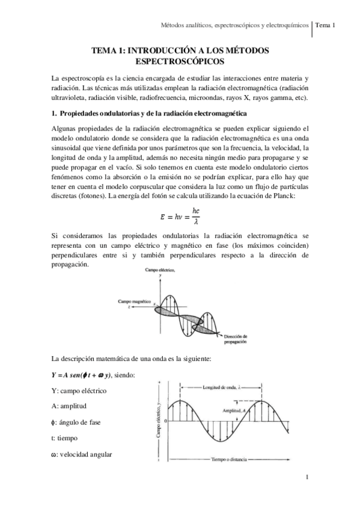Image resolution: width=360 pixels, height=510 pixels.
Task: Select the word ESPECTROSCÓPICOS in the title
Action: click(x=180, y=61)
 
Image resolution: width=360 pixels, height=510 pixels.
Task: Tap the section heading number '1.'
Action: click(x=54, y=114)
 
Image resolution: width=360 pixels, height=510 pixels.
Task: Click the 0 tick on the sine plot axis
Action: click(x=165, y=421)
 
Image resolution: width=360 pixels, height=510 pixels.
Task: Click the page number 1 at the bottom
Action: click(x=307, y=477)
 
